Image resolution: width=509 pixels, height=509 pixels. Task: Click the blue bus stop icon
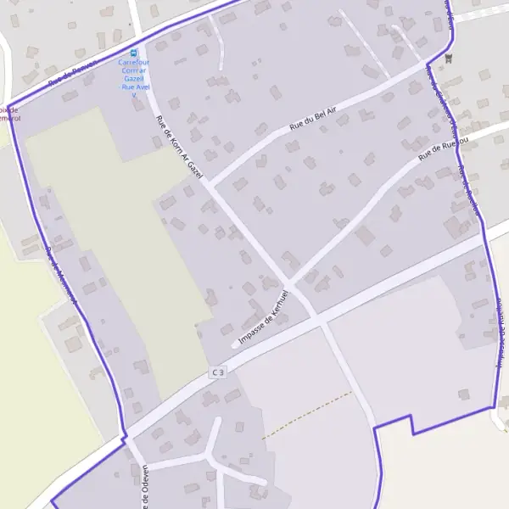coord(133,52)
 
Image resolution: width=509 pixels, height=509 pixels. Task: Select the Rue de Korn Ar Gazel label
coord(181,148)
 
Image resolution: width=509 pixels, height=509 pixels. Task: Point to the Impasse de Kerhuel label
coord(266,317)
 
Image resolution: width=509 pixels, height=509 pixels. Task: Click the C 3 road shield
coord(219,372)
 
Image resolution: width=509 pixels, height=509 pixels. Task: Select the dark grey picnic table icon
coord(450,58)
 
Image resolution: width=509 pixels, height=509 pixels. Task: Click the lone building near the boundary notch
coord(463,394)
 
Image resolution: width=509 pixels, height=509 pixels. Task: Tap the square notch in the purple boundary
coord(412,423)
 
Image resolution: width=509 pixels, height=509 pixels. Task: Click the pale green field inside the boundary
coord(119,238)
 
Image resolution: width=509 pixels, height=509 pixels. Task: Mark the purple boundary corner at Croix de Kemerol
coord(8,108)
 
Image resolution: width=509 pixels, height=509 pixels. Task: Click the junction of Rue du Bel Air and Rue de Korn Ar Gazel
coord(209,184)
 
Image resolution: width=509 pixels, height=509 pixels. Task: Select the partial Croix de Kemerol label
coord(10,115)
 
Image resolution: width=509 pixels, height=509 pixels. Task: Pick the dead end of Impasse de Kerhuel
coord(234,344)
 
